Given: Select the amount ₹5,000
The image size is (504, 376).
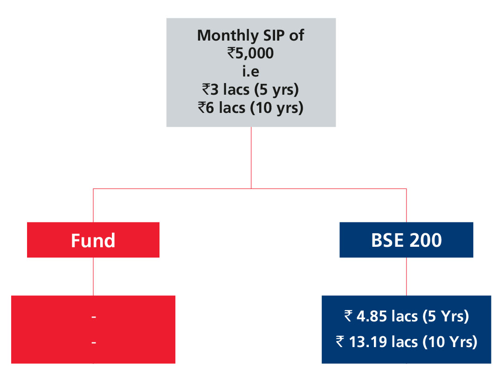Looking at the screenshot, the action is (x=250, y=53).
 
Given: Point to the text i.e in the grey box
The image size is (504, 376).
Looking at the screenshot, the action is (x=251, y=71).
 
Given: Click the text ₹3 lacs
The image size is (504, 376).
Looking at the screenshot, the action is (x=226, y=90).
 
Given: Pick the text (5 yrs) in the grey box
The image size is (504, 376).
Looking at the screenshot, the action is (x=276, y=90).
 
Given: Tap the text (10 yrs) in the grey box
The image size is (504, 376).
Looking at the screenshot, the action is (x=277, y=108).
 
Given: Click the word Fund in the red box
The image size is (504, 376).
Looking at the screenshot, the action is (x=93, y=240).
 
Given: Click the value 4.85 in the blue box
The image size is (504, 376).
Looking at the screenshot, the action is (x=372, y=316).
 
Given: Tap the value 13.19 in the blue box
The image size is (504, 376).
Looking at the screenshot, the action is (x=368, y=342).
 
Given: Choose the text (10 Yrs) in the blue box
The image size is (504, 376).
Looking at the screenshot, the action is (x=449, y=342).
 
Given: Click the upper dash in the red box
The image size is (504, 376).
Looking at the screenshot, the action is (x=94, y=317).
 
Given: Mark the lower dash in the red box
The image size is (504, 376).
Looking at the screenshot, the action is (x=94, y=342).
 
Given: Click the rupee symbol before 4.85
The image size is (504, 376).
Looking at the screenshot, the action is (x=348, y=316).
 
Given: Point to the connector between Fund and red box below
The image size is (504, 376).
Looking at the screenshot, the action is (x=93, y=277).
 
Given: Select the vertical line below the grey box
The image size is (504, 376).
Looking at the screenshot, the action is (x=251, y=158).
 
